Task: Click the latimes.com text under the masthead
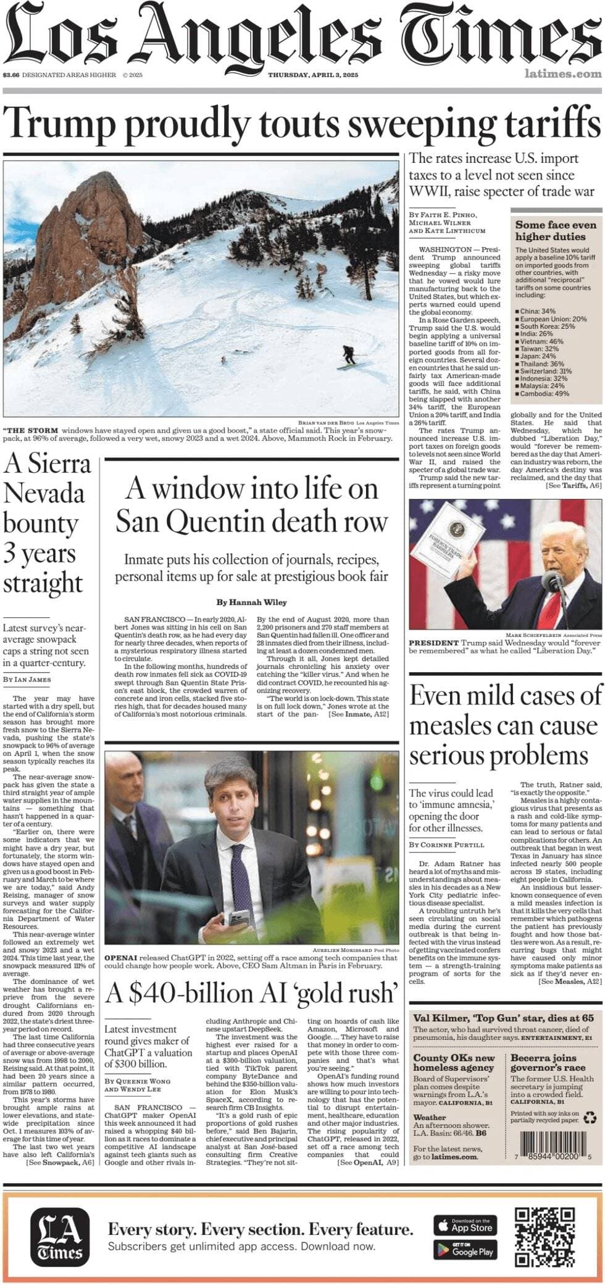click(563, 74)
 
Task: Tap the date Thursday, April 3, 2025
click(313, 75)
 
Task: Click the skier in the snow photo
click(349, 357)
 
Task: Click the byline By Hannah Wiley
click(251, 602)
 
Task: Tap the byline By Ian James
click(27, 679)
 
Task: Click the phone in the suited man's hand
click(238, 918)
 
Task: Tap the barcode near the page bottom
click(553, 1139)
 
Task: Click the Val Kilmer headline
click(503, 1018)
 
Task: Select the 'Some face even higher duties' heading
click(556, 231)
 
